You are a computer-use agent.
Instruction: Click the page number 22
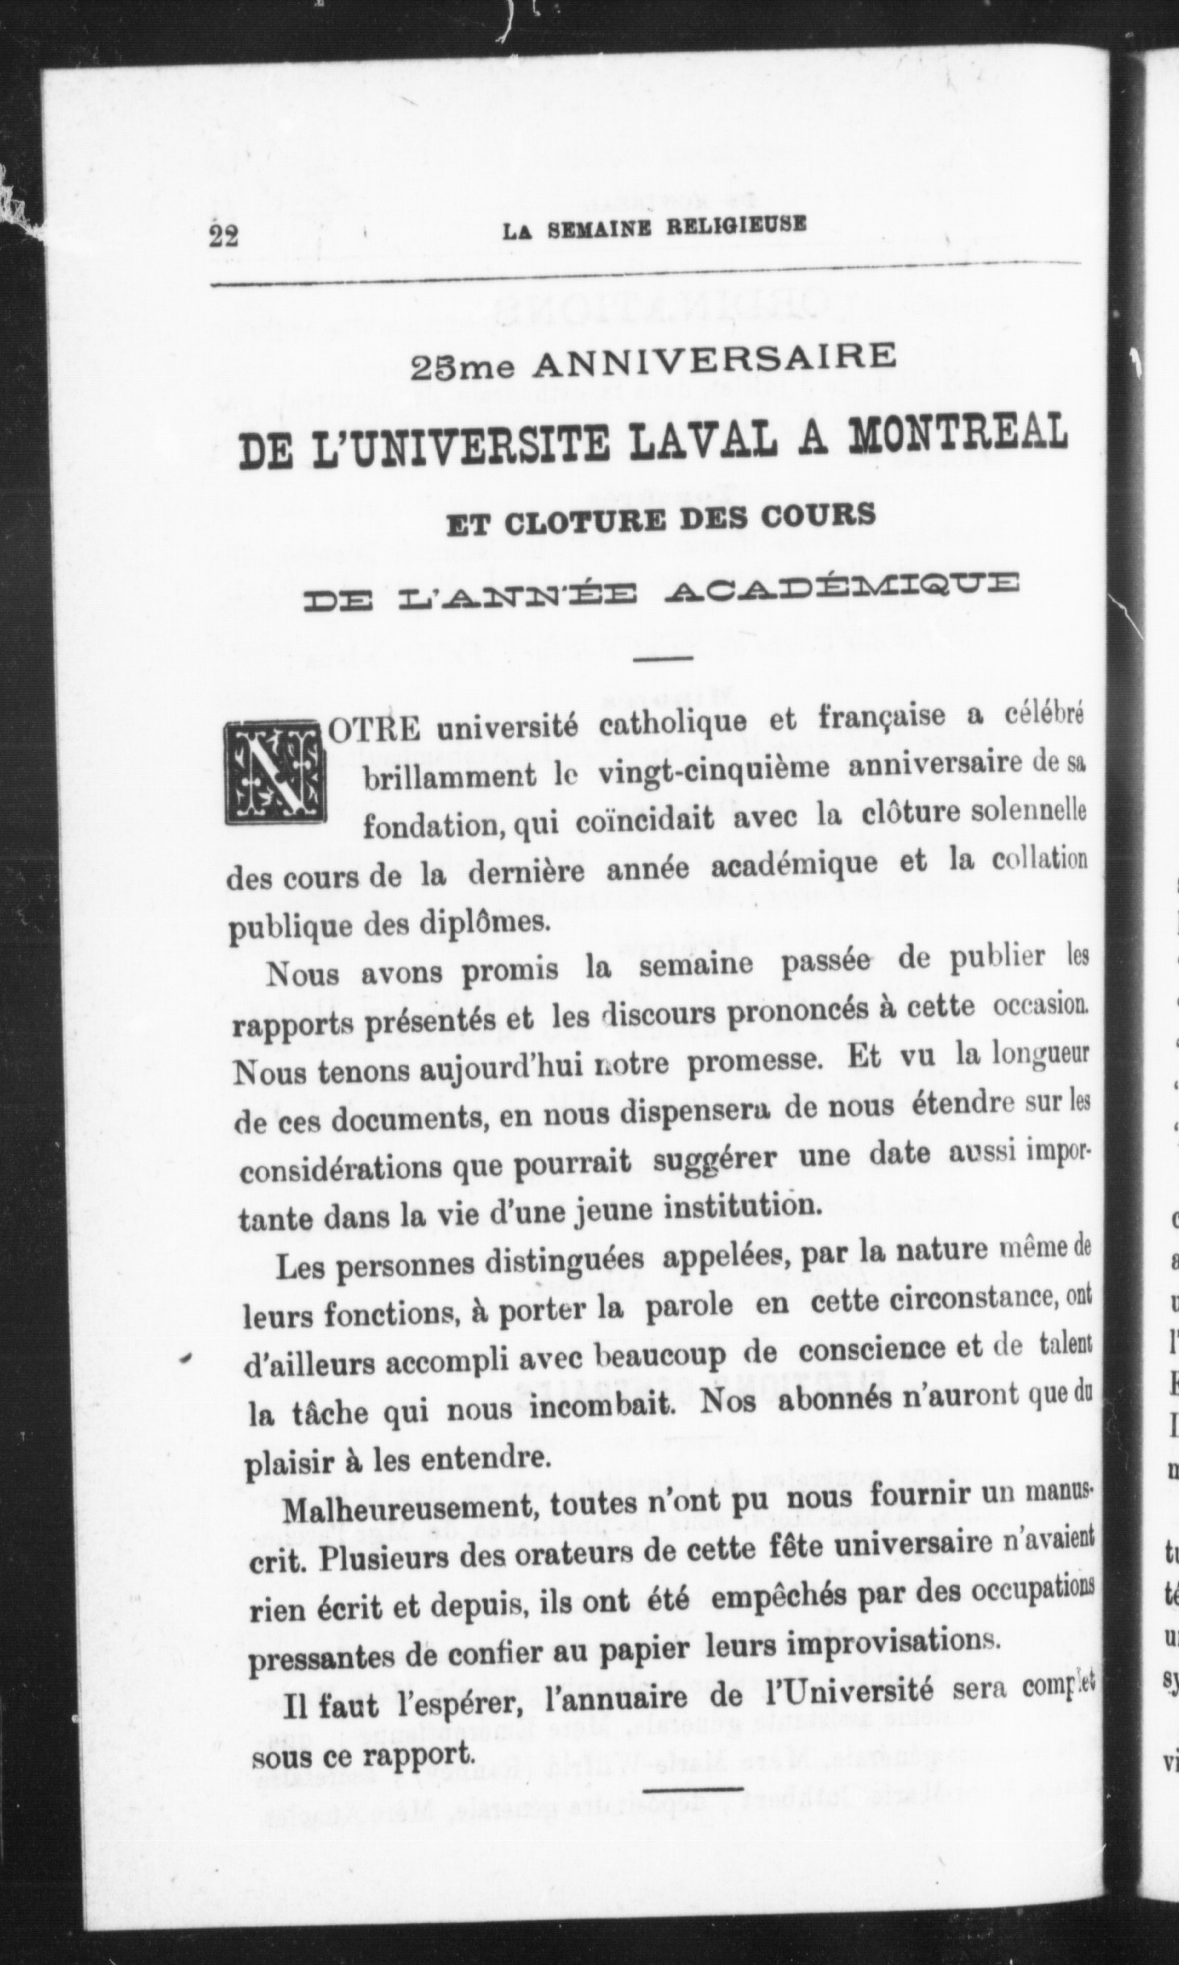tap(224, 238)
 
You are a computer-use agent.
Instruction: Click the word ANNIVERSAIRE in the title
tap(716, 362)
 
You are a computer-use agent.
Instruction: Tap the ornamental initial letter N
tap(274, 772)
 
